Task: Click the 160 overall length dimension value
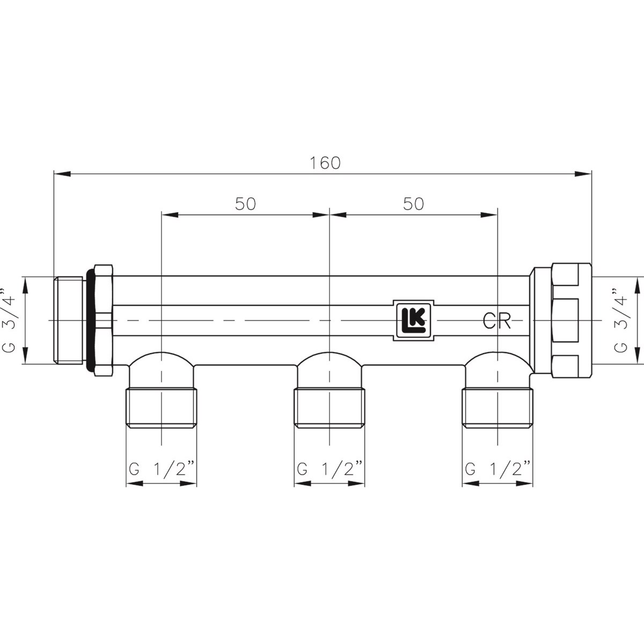325,163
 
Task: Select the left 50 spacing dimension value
245,203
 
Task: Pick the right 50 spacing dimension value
413,203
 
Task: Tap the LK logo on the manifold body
413,320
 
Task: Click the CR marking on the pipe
496,321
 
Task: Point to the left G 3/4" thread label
9,320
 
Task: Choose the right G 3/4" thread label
621,320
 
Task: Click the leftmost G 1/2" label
162,469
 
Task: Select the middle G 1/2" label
330,469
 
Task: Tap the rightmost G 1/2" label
497,469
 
